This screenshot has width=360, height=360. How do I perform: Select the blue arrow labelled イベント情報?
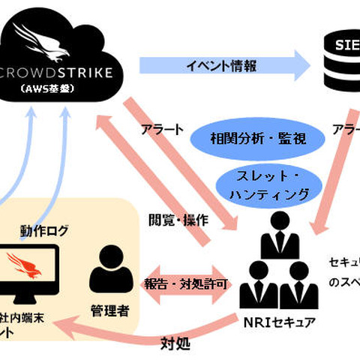coord(226,66)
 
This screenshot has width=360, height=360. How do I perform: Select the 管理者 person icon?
coord(112,271)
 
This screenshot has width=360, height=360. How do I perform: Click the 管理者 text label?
coord(112,310)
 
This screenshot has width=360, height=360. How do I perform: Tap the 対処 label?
coord(174,345)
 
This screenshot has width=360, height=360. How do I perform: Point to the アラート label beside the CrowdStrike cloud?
coord(161,129)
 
